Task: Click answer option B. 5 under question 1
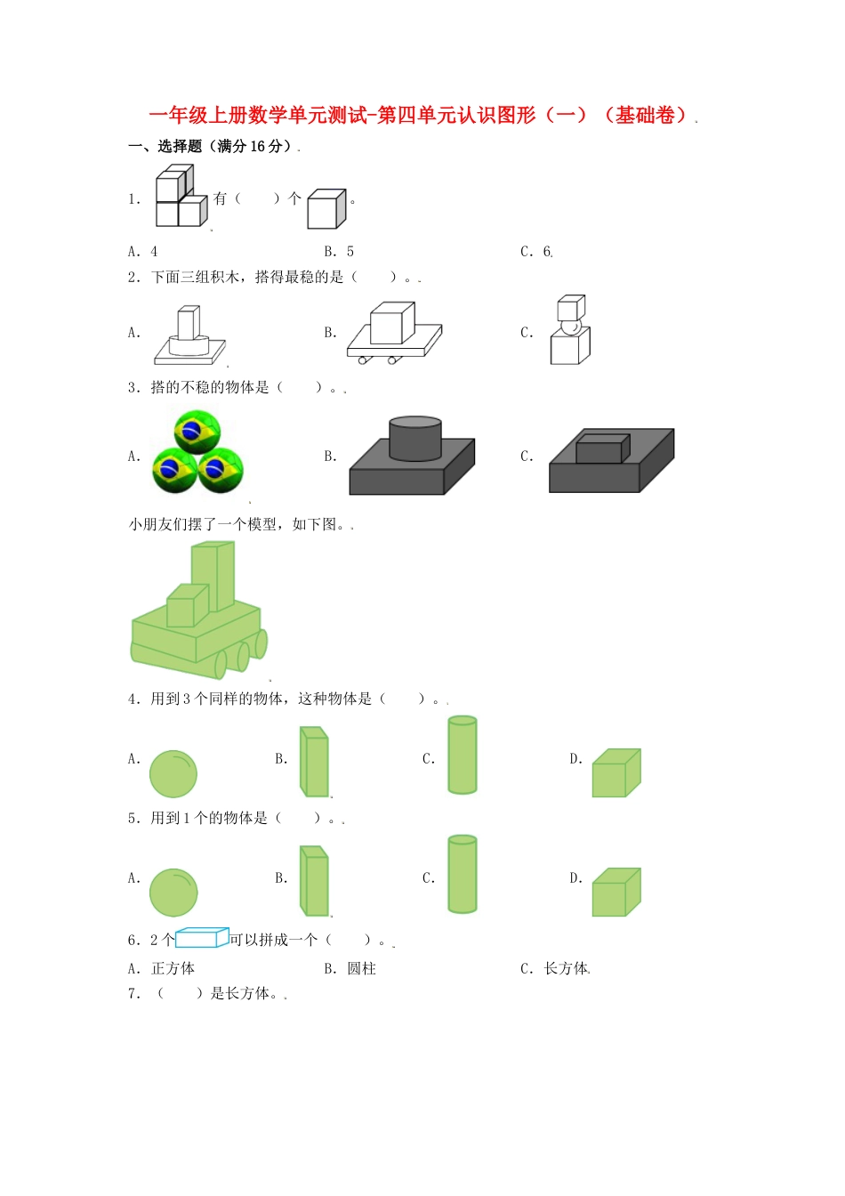(339, 252)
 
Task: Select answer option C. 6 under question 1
(535, 252)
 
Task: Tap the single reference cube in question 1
(326, 209)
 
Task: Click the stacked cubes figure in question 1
(181, 197)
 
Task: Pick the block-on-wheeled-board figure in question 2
(393, 332)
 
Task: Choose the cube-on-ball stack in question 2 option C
(569, 330)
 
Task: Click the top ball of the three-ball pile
(197, 432)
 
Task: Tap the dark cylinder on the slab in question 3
(414, 438)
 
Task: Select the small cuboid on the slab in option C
(601, 448)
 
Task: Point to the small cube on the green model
(186, 606)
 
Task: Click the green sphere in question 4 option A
(173, 772)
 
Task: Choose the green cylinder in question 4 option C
(462, 755)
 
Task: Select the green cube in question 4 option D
(616, 772)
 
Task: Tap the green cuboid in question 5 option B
(315, 881)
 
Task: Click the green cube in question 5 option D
(616, 892)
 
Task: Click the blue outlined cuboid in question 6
(202, 937)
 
